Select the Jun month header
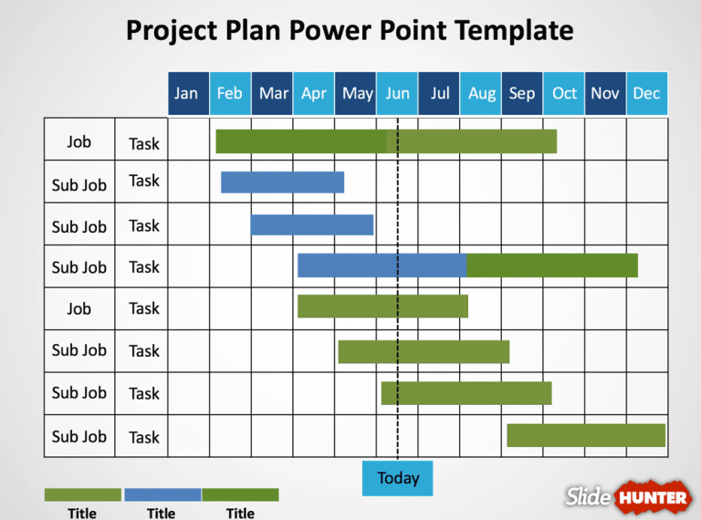pos(397,93)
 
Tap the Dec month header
pos(646,93)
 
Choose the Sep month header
pos(521,93)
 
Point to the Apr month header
pos(313,93)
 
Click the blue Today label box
pos(397,478)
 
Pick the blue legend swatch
pos(162,494)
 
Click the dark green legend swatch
pos(240,494)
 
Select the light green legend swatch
pos(82,494)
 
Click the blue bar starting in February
pos(282,182)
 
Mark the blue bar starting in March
pos(311,224)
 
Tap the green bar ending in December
pos(585,435)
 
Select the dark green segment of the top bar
pos(301,141)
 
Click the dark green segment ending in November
pos(551,265)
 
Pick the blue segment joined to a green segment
pos(382,265)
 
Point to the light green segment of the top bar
pos(472,141)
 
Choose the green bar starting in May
pos(424,351)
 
